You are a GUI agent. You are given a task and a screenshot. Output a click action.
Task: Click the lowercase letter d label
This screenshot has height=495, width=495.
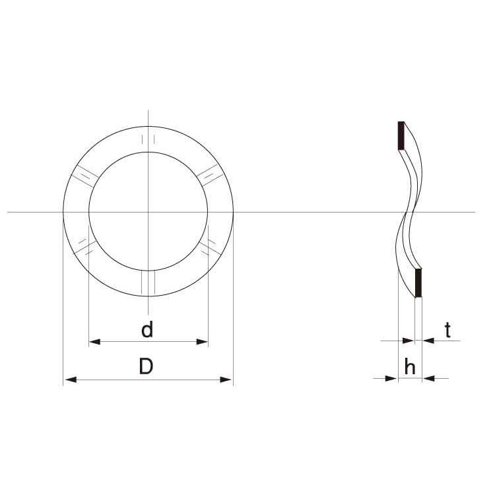[x=147, y=329]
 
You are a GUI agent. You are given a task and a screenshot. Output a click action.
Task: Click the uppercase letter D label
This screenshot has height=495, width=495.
[x=146, y=366]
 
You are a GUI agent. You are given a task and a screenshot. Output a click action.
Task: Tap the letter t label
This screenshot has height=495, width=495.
[x=447, y=330]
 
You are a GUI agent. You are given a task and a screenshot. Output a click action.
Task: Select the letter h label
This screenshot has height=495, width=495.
[x=410, y=366]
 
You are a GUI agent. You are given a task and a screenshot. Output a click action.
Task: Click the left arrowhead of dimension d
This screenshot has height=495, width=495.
[x=94, y=342]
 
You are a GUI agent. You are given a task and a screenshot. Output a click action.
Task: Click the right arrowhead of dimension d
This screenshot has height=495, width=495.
[x=203, y=342]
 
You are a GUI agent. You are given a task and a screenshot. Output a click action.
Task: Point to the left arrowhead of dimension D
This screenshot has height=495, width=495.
[x=70, y=379]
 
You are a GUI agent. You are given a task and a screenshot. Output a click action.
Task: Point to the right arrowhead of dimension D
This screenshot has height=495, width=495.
[x=226, y=379]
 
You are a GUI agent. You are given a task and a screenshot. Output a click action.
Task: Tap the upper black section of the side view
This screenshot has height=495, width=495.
[x=401, y=135]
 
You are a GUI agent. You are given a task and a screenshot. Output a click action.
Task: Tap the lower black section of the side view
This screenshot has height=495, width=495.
[x=418, y=283]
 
